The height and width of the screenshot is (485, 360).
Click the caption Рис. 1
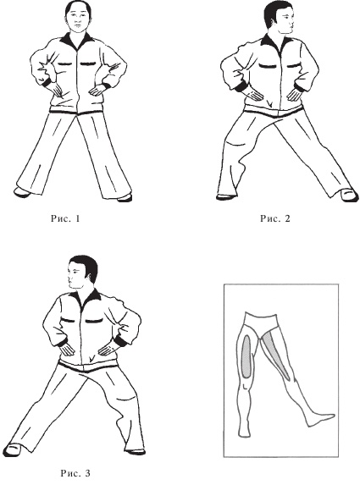pyautogui.click(x=65, y=218)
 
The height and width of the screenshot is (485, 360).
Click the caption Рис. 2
pyautogui.click(x=275, y=218)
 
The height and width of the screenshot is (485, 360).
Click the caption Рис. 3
pyautogui.click(x=75, y=473)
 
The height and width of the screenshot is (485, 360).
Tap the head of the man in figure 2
pyautogui.click(x=279, y=19)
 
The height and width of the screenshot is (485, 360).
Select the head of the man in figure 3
pyautogui.click(x=82, y=273)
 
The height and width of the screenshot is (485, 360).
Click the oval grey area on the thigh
pyautogui.click(x=246, y=356)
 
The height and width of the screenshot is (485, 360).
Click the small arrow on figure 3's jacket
pyautogui.click(x=91, y=359)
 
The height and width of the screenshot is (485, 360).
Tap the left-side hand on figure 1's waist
pyautogui.click(x=57, y=90)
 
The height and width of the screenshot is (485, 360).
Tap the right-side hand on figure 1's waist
pyautogui.click(x=97, y=90)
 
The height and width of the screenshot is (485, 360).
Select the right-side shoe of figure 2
pyautogui.click(x=350, y=195)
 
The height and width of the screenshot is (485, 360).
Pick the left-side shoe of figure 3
pyautogui.click(x=14, y=449)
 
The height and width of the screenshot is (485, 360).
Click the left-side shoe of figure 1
pyautogui.click(x=22, y=192)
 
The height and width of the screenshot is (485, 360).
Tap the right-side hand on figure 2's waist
pyautogui.click(x=294, y=94)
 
